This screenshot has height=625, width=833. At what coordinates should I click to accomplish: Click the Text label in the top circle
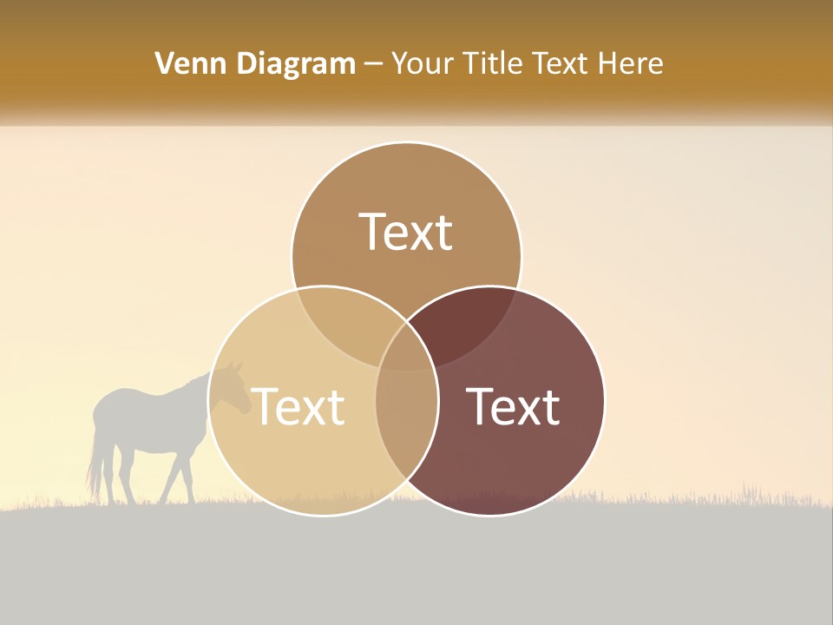pyautogui.click(x=406, y=233)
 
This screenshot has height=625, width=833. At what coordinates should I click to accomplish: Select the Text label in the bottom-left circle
pyautogui.click(x=298, y=406)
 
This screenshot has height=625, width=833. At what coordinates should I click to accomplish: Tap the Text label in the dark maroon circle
pyautogui.click(x=513, y=406)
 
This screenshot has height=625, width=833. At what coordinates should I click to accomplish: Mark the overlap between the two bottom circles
pyautogui.click(x=406, y=425)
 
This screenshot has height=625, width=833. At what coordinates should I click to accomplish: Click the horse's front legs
pyautogui.click(x=179, y=477)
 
